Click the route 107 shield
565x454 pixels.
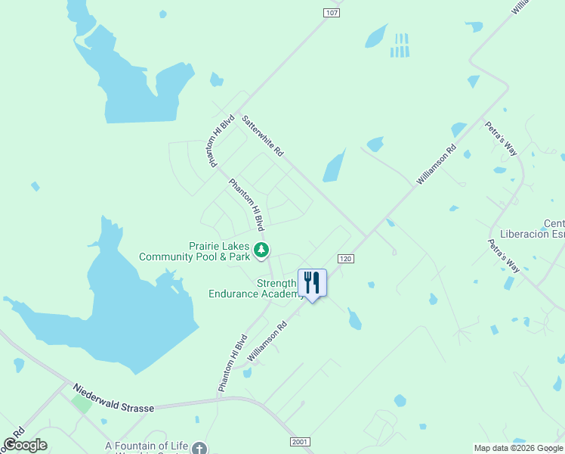click(x=331, y=13)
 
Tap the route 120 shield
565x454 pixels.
click(x=346, y=259)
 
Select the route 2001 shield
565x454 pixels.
click(x=300, y=442)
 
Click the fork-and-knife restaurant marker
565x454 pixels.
click(x=312, y=283)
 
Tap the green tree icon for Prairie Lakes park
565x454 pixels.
click(x=261, y=249)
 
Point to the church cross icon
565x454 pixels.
click(x=199, y=447)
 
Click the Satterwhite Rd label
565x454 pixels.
click(x=262, y=135)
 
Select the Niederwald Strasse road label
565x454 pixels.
click(x=113, y=398)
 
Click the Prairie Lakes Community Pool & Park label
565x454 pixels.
click(x=194, y=251)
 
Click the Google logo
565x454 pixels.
click(x=25, y=445)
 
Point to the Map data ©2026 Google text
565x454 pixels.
click(x=518, y=448)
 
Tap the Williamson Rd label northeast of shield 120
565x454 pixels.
click(x=437, y=165)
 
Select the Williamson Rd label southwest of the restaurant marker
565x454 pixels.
click(x=267, y=342)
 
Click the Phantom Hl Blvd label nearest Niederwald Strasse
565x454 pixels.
click(x=233, y=362)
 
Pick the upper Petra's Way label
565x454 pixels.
click(x=501, y=138)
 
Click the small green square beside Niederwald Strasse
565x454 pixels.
click(x=82, y=403)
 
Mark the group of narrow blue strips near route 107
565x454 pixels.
click(x=400, y=45)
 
